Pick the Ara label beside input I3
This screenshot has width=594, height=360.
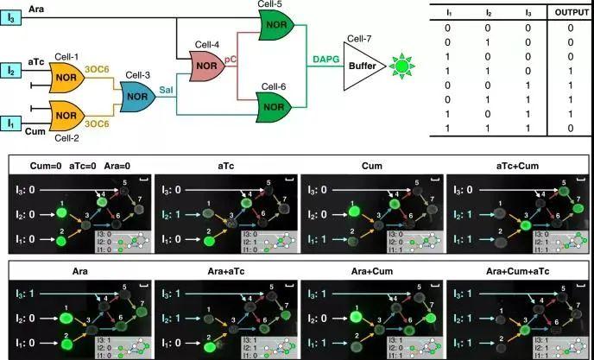pos(37,7)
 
